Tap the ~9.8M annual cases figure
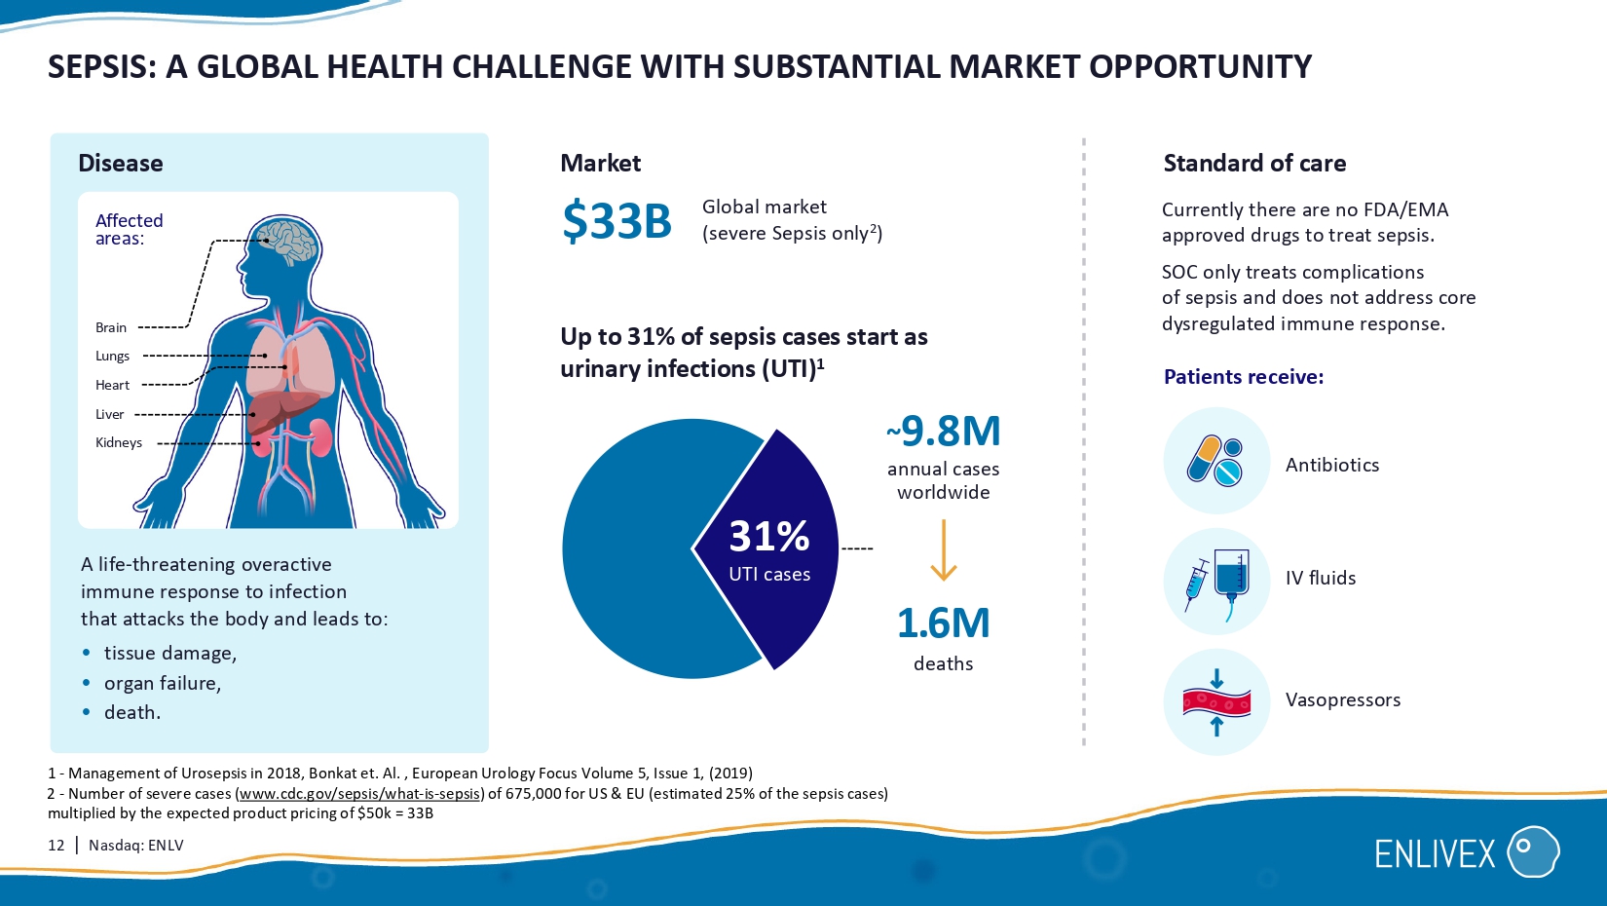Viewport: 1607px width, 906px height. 944,432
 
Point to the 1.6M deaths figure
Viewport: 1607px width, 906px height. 944,623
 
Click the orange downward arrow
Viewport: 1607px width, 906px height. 944,550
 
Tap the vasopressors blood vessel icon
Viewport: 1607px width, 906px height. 1216,702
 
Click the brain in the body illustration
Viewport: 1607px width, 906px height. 287,241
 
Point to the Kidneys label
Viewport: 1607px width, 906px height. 119,442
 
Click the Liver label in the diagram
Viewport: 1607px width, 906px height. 109,414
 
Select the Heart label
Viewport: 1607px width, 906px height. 112,385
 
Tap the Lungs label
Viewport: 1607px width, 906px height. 112,356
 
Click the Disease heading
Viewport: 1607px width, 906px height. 121,163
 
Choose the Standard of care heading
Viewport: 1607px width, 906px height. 1254,163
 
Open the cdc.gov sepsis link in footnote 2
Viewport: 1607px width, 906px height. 358,793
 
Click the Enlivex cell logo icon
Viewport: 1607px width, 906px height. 1533,851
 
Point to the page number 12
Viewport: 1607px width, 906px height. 56,845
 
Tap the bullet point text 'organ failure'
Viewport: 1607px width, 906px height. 162,683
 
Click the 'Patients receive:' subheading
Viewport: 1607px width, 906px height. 1244,377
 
